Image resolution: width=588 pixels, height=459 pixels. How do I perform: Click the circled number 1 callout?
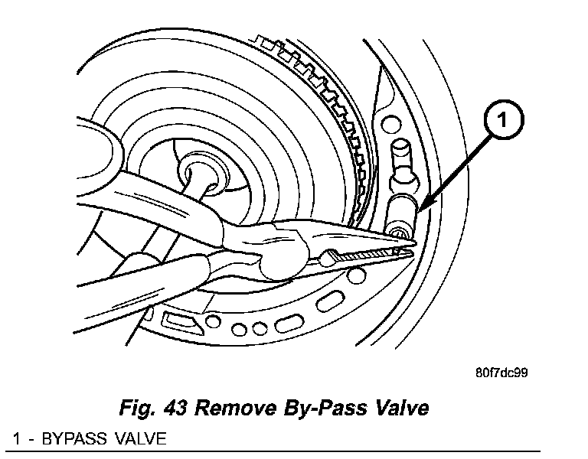pyautogui.click(x=501, y=121)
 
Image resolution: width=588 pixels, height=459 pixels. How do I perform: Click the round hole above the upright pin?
pyautogui.click(x=391, y=122)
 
